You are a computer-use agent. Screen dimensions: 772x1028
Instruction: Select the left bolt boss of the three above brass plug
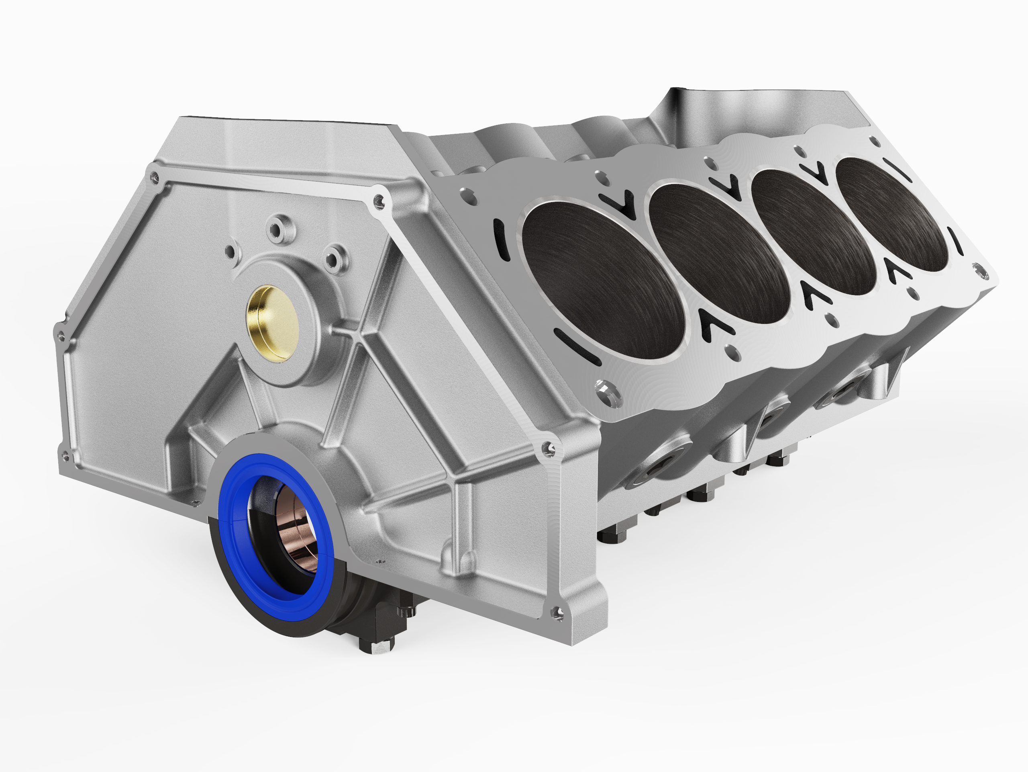click(x=230, y=252)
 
